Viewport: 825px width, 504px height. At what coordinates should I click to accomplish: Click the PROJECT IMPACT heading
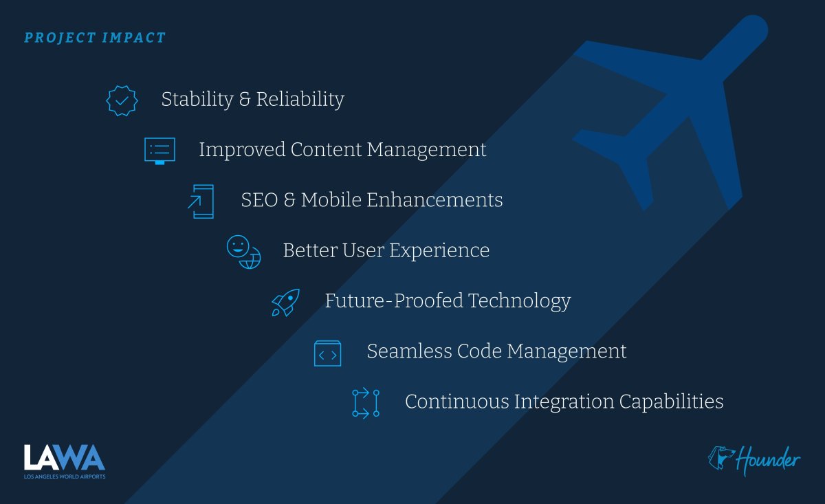point(95,38)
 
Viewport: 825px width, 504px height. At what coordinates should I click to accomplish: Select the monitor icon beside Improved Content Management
point(159,151)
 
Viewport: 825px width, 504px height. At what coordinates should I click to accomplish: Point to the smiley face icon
point(238,246)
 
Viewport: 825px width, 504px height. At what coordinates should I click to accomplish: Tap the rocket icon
point(285,303)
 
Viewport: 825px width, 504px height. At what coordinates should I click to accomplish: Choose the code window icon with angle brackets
point(327,353)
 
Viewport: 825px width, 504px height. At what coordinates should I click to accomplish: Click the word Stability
point(197,100)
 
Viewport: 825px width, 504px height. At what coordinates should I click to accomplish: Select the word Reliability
point(300,100)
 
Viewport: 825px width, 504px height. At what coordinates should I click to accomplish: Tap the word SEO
point(260,200)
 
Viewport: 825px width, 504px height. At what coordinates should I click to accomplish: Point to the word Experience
point(439,251)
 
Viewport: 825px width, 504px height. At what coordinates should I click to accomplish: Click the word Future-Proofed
point(394,300)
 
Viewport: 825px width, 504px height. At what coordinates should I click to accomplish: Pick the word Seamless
point(409,351)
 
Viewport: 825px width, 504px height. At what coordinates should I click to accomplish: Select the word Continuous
point(456,402)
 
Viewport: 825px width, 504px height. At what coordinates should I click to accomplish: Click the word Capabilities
point(671,402)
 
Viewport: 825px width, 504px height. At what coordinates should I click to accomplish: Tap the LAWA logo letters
point(65,457)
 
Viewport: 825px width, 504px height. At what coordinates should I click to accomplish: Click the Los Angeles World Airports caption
point(65,476)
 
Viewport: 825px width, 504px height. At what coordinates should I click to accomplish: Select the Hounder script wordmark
point(768,460)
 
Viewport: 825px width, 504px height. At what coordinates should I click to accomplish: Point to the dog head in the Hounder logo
point(721,458)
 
